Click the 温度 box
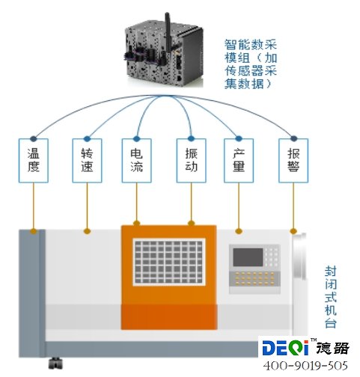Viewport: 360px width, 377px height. coord(34,161)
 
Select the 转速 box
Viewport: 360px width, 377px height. coord(87,161)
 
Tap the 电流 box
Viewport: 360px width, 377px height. coord(136,161)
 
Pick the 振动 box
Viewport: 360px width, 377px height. coord(191,161)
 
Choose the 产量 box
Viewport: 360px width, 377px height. coord(239,161)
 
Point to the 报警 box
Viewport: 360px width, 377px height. coord(293,161)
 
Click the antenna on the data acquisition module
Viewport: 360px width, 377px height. coord(168,30)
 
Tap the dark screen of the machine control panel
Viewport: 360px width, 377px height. coord(248,257)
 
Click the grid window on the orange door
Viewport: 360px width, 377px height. coord(169,262)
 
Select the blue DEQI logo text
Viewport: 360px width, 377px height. coord(285,347)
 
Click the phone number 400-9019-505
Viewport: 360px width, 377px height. coord(305,366)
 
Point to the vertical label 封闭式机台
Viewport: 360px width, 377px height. coord(331,297)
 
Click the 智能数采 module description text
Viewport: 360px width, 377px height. coord(251,64)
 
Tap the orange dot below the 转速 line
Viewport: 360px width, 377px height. coord(87,231)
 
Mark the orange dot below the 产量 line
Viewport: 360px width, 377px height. coord(239,231)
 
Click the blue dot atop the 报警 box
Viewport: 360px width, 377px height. coord(293,138)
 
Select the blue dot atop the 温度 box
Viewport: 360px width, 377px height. coord(34,138)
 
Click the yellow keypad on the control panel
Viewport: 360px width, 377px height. coord(254,278)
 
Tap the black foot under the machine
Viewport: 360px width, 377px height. coord(55,363)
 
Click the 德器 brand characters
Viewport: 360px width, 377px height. coord(333,348)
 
